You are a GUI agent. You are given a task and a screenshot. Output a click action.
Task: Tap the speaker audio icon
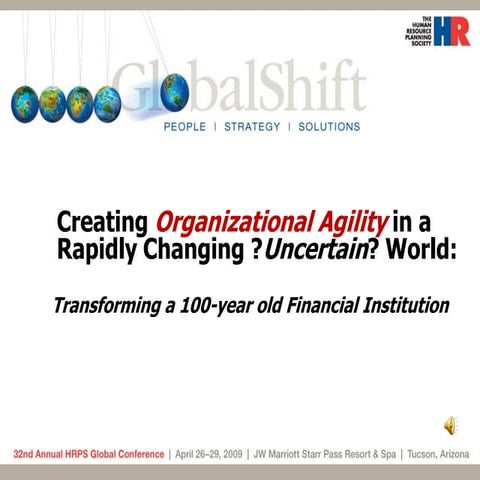[x=451, y=426]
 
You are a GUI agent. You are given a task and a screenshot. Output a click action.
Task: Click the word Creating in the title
[x=101, y=219]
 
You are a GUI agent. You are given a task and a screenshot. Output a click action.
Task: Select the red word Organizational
[x=220, y=220]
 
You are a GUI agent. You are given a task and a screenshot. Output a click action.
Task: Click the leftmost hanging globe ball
[x=24, y=102]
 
